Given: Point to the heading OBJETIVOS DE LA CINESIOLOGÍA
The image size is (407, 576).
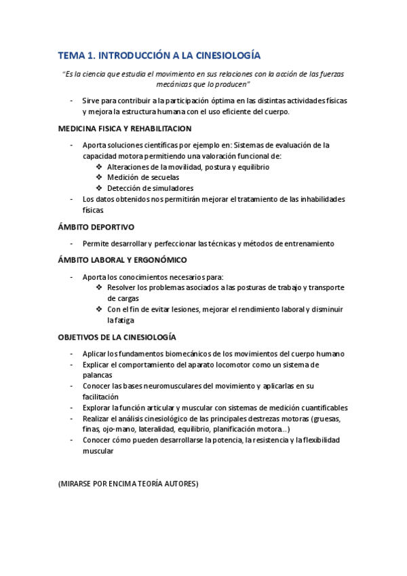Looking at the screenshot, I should pyautogui.click(x=117, y=337).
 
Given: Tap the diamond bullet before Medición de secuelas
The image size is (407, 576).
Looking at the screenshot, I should pyautogui.click(x=100, y=177).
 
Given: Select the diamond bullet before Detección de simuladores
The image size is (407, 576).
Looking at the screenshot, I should pyautogui.click(x=100, y=188).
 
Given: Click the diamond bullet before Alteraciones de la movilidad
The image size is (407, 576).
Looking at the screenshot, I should pyautogui.click(x=100, y=166).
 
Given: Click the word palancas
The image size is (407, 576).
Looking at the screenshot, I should pyautogui.click(x=98, y=375).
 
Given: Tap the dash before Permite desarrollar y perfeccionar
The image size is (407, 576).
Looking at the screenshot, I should pyautogui.click(x=73, y=243).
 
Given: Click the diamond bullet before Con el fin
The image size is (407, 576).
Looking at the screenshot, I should pyautogui.click(x=100, y=309).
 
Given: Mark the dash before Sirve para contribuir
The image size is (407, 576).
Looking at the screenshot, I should pyautogui.click(x=73, y=101).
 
